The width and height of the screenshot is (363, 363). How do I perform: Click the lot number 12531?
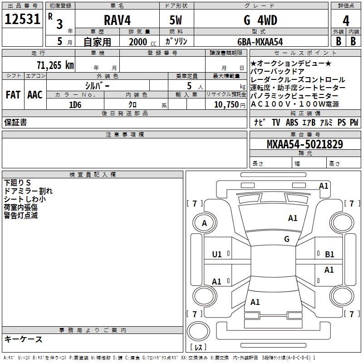[x=22, y=19]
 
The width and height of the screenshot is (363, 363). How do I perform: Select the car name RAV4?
[x=118, y=20]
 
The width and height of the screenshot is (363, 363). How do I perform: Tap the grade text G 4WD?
[x=260, y=20]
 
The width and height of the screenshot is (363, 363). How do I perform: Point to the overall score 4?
[x=346, y=21]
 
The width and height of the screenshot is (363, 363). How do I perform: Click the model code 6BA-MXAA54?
[x=260, y=42]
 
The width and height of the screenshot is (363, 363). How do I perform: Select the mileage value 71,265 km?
[x=55, y=65]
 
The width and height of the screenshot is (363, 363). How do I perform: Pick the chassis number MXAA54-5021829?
[x=305, y=144]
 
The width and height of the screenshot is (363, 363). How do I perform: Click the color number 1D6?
[x=75, y=105]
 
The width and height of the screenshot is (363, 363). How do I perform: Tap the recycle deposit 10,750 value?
[x=226, y=105]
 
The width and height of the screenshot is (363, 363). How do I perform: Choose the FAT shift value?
[x=13, y=95]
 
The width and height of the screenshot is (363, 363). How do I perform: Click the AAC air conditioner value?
[x=35, y=95]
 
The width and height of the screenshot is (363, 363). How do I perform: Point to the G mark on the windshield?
[x=287, y=239]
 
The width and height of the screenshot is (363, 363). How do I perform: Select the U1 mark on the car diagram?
[x=217, y=255]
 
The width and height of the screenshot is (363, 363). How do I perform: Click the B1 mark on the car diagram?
[x=329, y=255]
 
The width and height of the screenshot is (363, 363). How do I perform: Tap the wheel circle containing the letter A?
[x=205, y=213]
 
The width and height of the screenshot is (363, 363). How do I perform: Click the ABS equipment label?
[x=292, y=123]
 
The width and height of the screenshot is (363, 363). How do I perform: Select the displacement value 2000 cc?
[x=142, y=42]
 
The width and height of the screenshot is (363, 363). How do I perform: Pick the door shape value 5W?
[x=176, y=20]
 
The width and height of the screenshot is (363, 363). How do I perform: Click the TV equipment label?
[x=276, y=123]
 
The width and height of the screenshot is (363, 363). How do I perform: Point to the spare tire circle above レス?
[x=198, y=321]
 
